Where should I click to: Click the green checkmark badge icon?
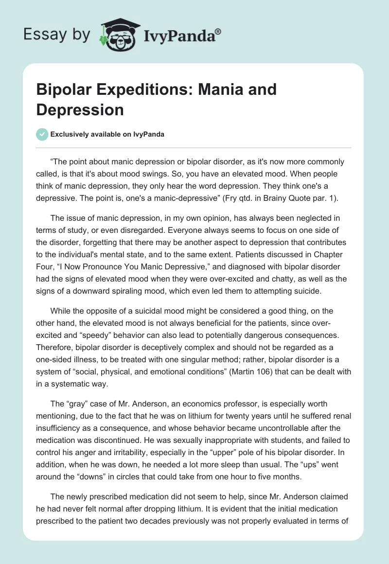[x=42, y=135]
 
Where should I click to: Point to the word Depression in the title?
[x=80, y=110]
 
